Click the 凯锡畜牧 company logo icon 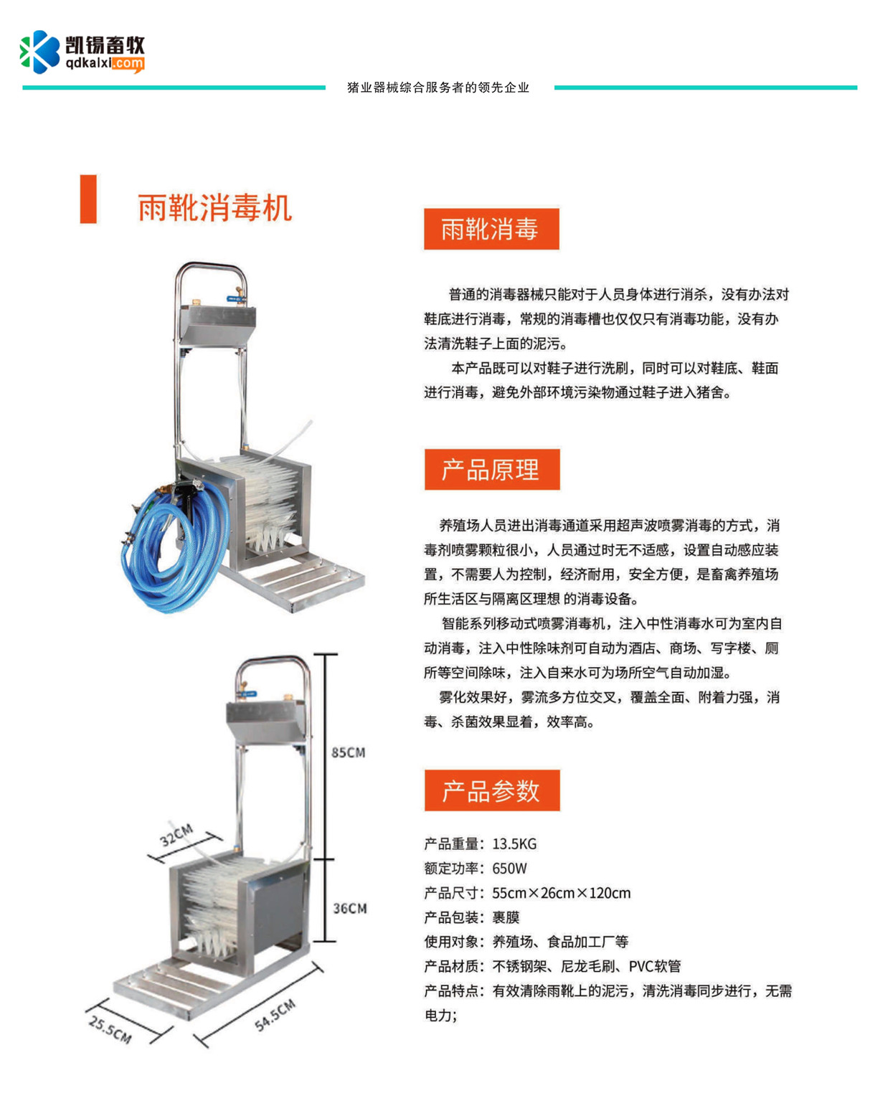point(40,52)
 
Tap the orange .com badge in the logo point(128,64)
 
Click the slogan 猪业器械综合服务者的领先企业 point(438,88)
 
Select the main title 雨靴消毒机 point(215,208)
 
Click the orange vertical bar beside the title point(88,199)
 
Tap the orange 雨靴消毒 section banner point(491,229)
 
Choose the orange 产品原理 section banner point(491,469)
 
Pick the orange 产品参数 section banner point(491,790)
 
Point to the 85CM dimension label point(348,752)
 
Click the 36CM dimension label point(350,909)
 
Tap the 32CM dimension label point(176,835)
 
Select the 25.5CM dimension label point(110,1029)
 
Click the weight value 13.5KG point(514,843)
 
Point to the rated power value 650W point(509,869)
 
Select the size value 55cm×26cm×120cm point(562,893)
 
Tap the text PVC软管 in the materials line point(655,967)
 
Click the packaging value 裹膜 point(506,917)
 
